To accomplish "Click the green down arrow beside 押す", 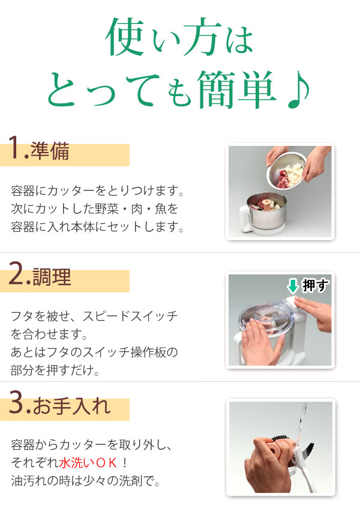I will pos(292,285).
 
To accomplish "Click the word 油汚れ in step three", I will pos(29,481).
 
